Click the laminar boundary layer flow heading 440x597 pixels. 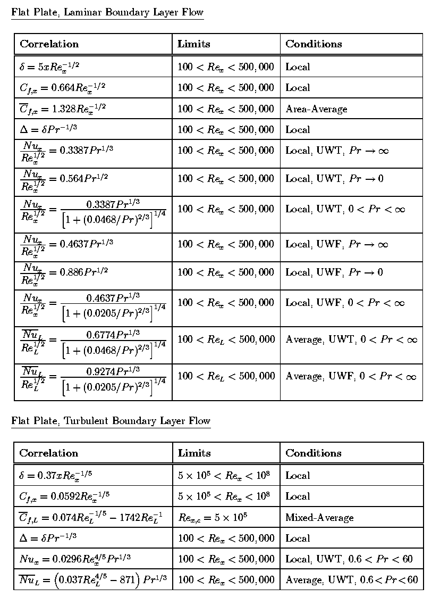coord(107,12)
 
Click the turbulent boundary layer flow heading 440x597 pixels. coord(111,421)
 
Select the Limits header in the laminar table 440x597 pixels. coord(193,44)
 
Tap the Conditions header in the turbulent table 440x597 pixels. coord(314,453)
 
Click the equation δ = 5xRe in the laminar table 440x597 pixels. coord(49,67)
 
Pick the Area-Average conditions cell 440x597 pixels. coord(316,109)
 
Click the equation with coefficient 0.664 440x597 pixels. coord(63,88)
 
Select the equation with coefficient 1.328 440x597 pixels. coord(63,109)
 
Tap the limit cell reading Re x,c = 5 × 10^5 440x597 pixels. coord(213,517)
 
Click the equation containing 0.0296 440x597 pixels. coord(75,559)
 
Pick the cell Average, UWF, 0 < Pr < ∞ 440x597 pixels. coord(351,377)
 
